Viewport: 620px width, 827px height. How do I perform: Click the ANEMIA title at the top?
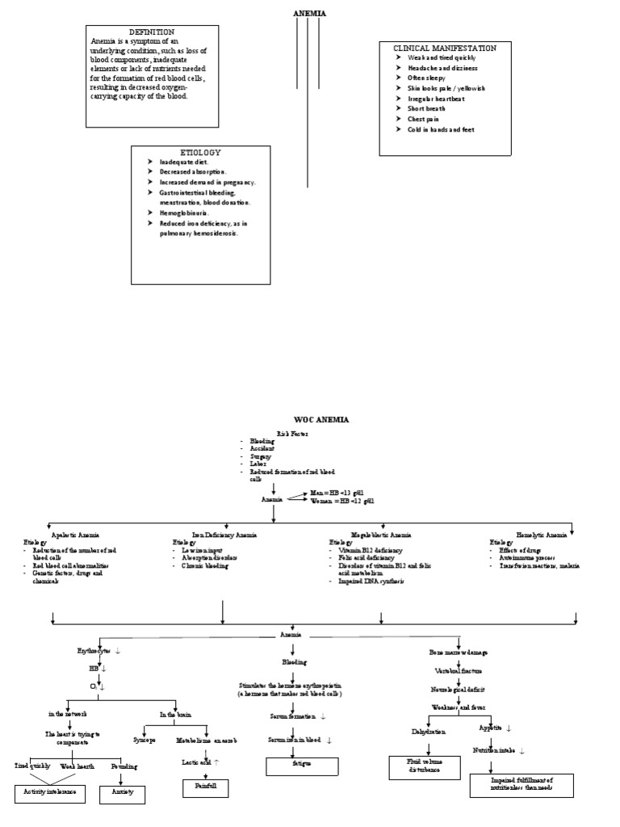click(309, 14)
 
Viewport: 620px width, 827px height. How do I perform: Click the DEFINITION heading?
click(152, 31)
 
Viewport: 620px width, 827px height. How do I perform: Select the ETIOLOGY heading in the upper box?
click(200, 152)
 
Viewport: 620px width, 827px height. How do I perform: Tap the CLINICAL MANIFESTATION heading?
click(445, 48)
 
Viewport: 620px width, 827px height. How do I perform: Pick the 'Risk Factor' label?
click(293, 434)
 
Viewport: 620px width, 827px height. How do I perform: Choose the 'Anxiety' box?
click(122, 793)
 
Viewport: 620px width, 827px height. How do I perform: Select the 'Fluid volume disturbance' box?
click(425, 766)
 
